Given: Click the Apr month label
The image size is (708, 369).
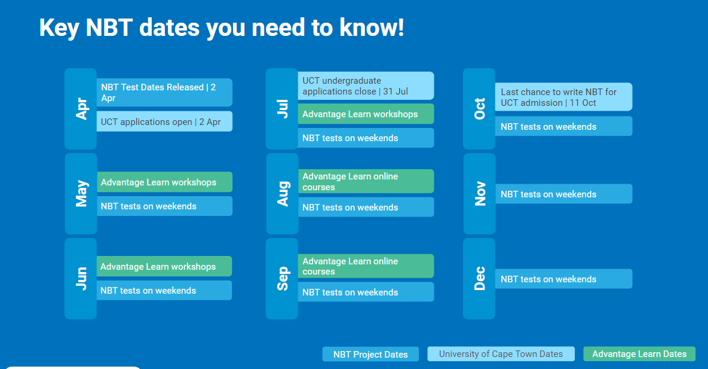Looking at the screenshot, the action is pyautogui.click(x=81, y=108).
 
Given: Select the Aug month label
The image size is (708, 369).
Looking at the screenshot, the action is pyautogui.click(x=283, y=194).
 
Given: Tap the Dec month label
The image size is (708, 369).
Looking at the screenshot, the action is pyautogui.click(x=480, y=279).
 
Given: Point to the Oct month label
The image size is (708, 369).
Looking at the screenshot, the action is pyautogui.click(x=480, y=108).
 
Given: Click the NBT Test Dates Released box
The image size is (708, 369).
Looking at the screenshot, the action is pyautogui.click(x=164, y=93).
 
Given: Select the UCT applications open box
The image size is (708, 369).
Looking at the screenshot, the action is pyautogui.click(x=164, y=121).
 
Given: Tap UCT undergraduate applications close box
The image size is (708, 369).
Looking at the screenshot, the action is pyautogui.click(x=366, y=86).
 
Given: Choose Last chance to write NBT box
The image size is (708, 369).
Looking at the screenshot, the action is pyautogui.click(x=563, y=97).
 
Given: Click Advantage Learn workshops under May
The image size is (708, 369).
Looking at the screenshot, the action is pyautogui.click(x=164, y=182).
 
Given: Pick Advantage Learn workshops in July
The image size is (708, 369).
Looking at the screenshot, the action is pyautogui.click(x=366, y=114).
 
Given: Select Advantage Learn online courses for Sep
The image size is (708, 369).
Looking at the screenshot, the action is pyautogui.click(x=366, y=266).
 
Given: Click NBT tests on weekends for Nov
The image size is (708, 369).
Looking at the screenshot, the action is pyautogui.click(x=563, y=194).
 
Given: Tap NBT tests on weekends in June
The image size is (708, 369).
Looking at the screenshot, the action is pyautogui.click(x=164, y=290).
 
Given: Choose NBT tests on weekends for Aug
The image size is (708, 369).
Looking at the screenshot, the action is pyautogui.click(x=366, y=207).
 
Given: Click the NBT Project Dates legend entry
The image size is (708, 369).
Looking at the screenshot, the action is pyautogui.click(x=370, y=355).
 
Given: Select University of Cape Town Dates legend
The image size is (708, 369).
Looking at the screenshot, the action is pyautogui.click(x=501, y=354).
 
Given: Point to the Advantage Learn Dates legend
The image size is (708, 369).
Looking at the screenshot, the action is pyautogui.click(x=639, y=354).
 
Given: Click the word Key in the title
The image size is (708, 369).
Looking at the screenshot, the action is pyautogui.click(x=59, y=28).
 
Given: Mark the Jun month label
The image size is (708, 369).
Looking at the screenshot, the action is pyautogui.click(x=81, y=279).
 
